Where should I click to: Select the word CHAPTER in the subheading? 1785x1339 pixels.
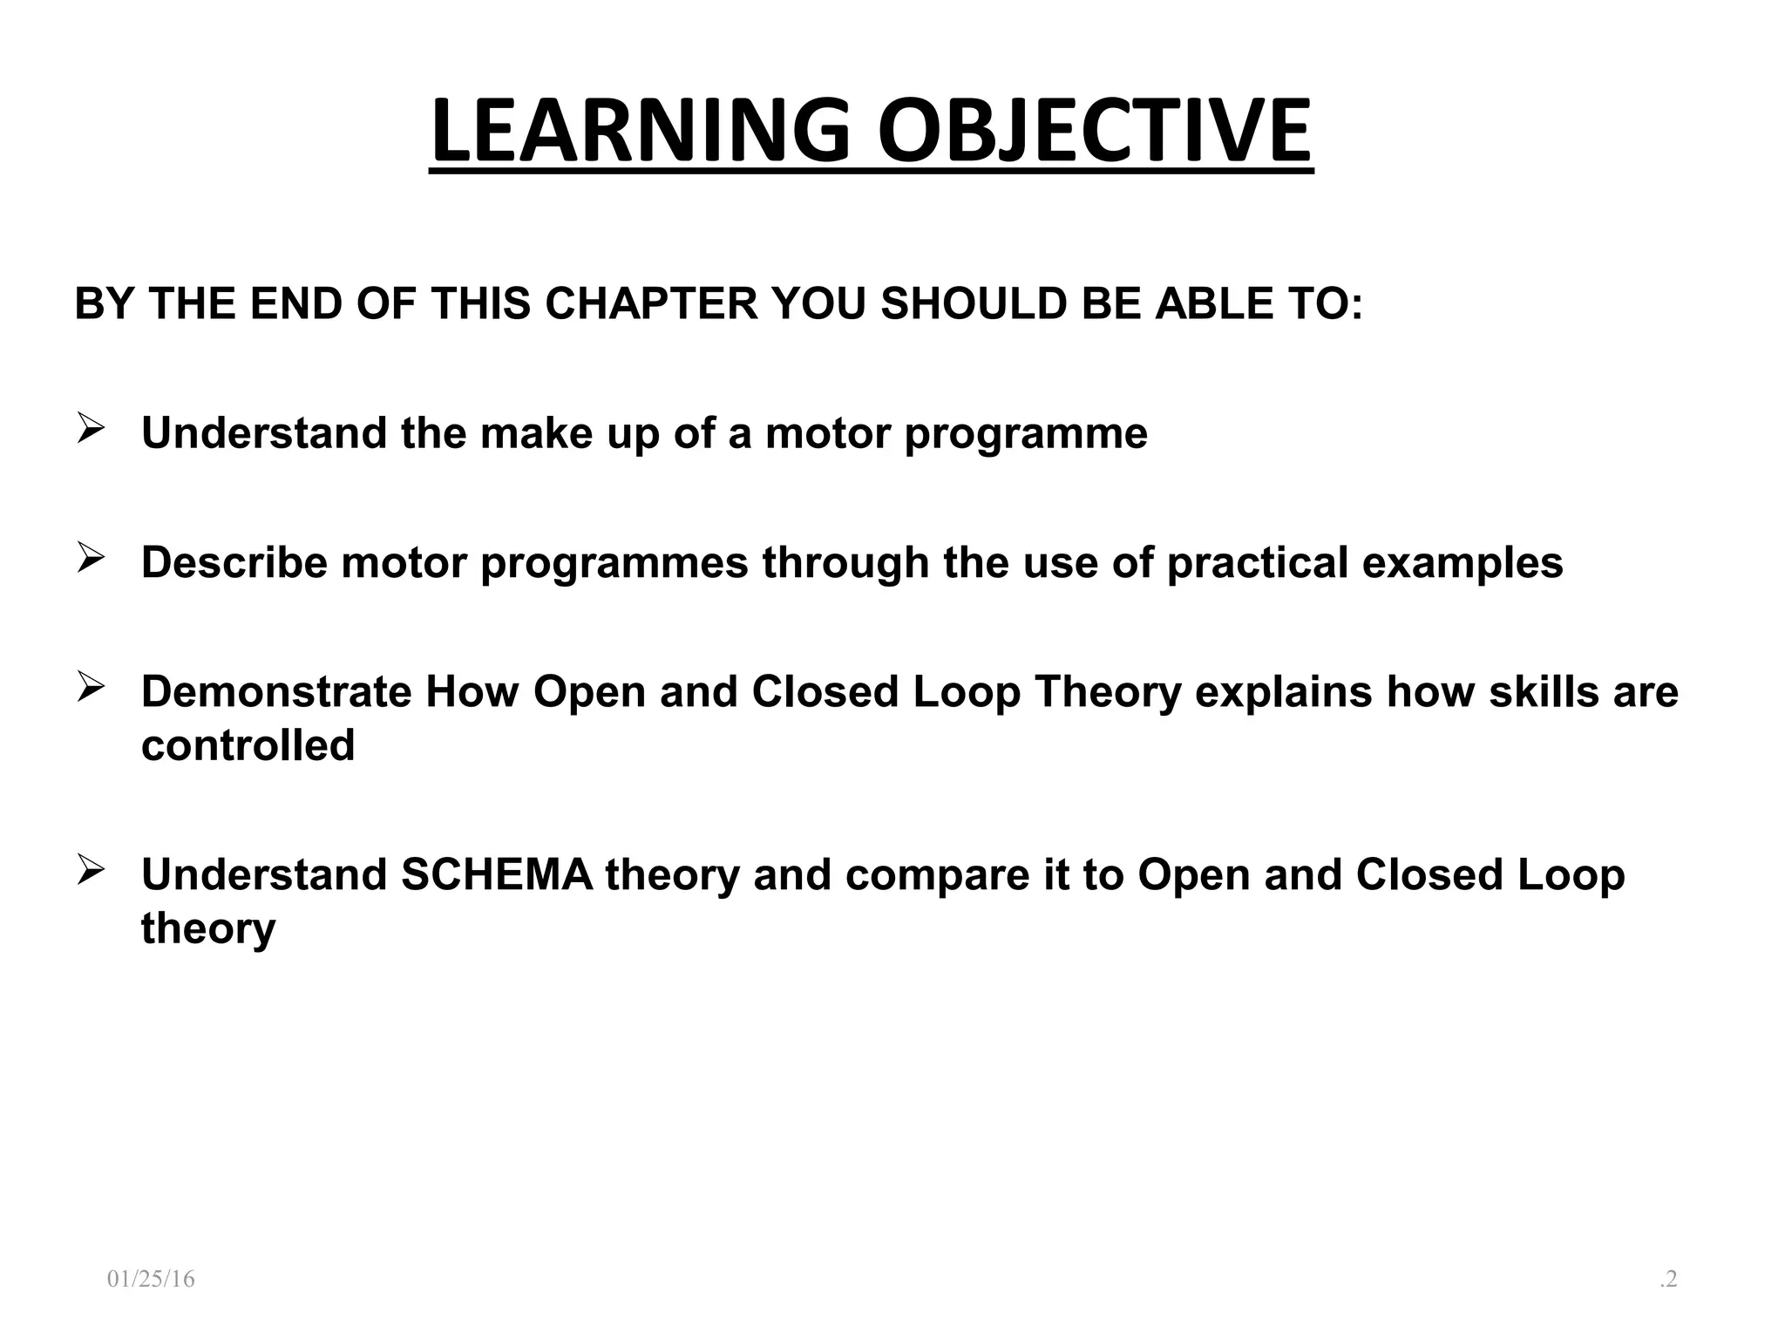(x=652, y=303)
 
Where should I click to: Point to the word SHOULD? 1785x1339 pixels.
(x=974, y=303)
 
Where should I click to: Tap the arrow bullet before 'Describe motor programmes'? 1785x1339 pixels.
(x=91, y=558)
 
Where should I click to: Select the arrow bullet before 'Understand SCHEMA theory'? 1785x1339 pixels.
(x=91, y=870)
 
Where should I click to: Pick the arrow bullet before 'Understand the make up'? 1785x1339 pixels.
(x=91, y=429)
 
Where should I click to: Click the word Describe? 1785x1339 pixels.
(x=234, y=562)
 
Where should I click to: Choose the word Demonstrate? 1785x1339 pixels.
(x=276, y=691)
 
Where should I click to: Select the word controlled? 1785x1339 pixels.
(x=248, y=745)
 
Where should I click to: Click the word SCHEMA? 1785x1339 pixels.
(x=497, y=874)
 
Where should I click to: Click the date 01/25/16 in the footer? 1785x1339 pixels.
(x=151, y=1279)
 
